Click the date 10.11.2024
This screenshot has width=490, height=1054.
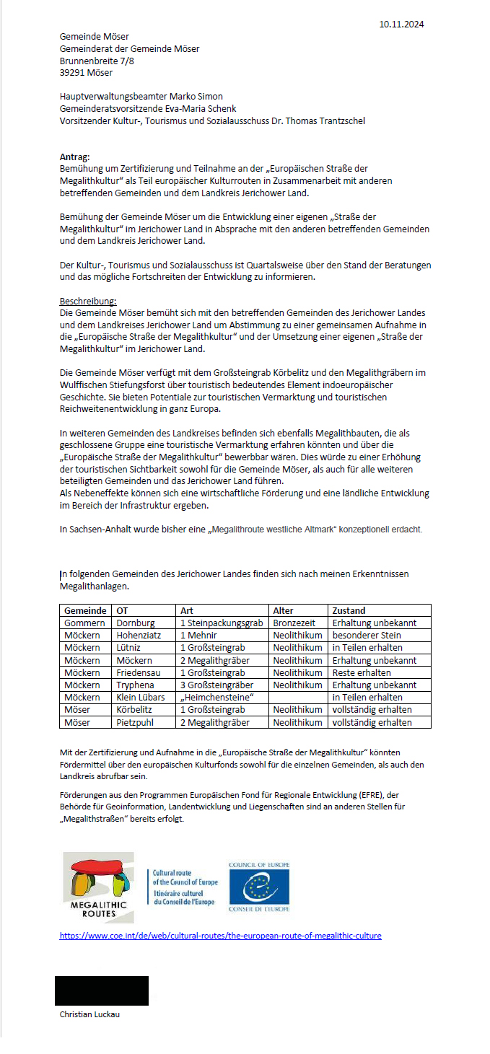[401, 24]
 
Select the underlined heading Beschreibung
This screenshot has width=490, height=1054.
[87, 301]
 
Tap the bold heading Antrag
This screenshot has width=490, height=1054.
[75, 156]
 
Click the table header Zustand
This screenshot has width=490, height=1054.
[348, 610]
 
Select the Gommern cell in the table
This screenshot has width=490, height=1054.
[84, 623]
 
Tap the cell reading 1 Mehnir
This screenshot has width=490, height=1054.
[198, 635]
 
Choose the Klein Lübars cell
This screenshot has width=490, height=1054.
[141, 697]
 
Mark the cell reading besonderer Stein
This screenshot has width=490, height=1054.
[367, 635]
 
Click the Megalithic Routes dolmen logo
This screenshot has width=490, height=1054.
[98, 887]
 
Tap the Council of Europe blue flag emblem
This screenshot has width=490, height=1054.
[259, 887]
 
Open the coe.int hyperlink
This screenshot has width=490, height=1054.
[220, 936]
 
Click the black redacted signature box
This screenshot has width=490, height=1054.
[102, 991]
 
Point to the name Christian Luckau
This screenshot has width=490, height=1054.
[89, 1014]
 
